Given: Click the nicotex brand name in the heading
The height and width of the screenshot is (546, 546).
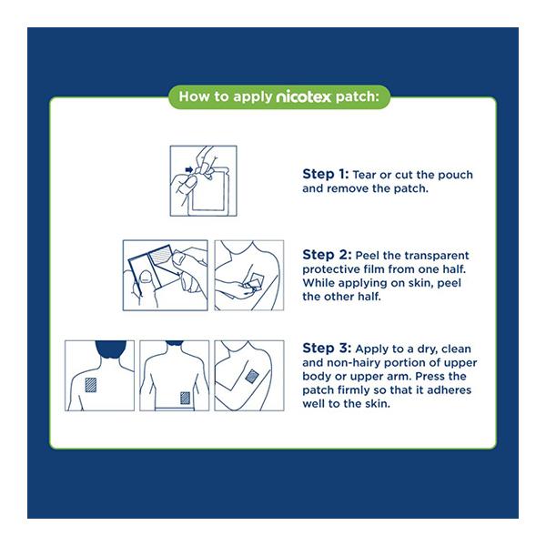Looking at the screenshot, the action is coord(303,96).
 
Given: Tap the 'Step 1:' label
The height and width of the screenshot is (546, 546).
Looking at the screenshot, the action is coord(325,174).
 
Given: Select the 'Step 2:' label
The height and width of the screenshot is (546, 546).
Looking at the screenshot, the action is coord(327,255).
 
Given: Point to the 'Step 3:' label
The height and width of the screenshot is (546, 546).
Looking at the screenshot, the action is coord(327,348).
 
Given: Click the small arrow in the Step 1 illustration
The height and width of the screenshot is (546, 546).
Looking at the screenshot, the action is coord(189,170).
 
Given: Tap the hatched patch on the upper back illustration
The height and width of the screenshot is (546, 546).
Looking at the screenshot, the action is coord(91,385).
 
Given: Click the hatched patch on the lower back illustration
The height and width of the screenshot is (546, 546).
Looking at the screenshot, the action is coord(186,398).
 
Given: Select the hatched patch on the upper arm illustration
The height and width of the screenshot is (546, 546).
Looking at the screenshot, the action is coord(252,377).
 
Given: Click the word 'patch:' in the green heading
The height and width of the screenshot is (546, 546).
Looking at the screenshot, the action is coord(357,96).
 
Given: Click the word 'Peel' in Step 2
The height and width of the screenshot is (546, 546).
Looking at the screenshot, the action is coord(368,256).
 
